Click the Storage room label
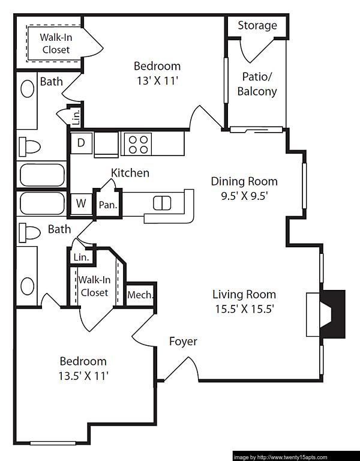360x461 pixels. click(x=257, y=25)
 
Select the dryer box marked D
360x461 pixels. click(x=80, y=143)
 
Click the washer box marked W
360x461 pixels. click(x=80, y=203)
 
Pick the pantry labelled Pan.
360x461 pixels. click(x=108, y=204)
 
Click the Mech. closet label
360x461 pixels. click(x=140, y=295)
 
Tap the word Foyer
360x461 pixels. click(x=183, y=342)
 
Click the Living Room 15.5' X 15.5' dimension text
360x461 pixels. click(x=244, y=310)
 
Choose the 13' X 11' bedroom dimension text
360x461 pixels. click(x=157, y=82)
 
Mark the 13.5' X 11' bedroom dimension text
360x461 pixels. click(x=83, y=376)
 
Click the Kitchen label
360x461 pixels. click(x=130, y=173)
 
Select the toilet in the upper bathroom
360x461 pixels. click(x=29, y=146)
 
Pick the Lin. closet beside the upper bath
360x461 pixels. click(x=76, y=118)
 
